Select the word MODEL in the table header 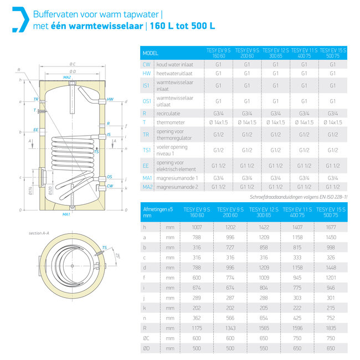pyautogui.click(x=151, y=54)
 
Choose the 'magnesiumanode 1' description pyautogui.click(x=177, y=177)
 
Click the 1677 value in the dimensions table pyautogui.click(x=332, y=227)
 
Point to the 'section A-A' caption pyautogui.click(x=39, y=234)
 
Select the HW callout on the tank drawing pyautogui.click(x=110, y=99)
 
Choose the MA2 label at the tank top pyautogui.click(x=68, y=76)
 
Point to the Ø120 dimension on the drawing pyautogui.click(x=49, y=192)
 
